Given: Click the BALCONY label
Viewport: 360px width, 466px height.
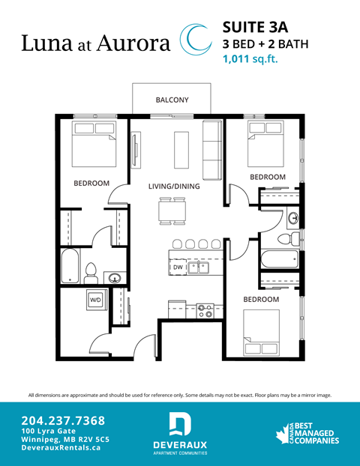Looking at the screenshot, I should (172, 100).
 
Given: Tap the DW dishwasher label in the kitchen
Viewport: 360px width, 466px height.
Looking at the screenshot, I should (178, 267).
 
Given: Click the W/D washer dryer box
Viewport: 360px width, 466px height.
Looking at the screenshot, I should (96, 300).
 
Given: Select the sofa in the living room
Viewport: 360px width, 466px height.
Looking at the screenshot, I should (212, 150).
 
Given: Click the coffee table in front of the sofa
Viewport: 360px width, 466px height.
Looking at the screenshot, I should (181, 151).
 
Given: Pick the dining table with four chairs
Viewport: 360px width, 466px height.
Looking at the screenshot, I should (172, 210).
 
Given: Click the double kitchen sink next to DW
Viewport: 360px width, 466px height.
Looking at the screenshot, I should (199, 267).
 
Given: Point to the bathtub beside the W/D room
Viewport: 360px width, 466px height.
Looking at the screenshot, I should (73, 266).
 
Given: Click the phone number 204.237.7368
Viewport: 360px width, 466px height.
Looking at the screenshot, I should (63, 420).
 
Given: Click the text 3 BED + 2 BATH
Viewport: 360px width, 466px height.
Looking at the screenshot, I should (266, 43).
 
